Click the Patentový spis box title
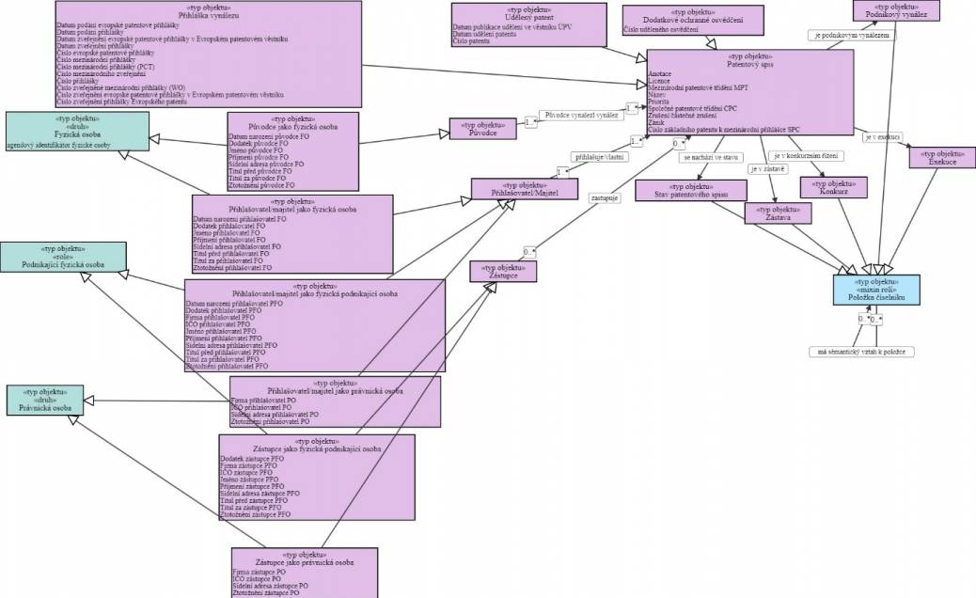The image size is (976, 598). [x=749, y=64]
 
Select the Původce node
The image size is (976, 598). [x=483, y=128]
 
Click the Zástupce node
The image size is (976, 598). [x=503, y=271]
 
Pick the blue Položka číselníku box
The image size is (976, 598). [x=876, y=290]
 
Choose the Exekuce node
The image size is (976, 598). [x=942, y=157]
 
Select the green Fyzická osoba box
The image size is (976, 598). [x=64, y=132]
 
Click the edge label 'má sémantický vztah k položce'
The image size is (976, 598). [x=862, y=352]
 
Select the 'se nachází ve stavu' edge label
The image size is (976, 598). [x=710, y=157]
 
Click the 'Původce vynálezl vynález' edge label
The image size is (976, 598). [x=581, y=115]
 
